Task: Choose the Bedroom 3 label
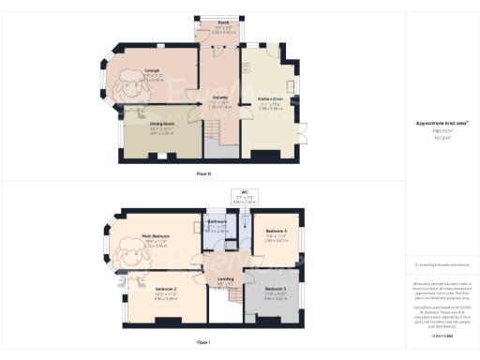(275, 289)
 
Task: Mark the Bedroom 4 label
(276, 230)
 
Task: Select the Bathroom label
(217, 221)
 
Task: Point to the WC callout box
(244, 197)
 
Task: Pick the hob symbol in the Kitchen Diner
(246, 67)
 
